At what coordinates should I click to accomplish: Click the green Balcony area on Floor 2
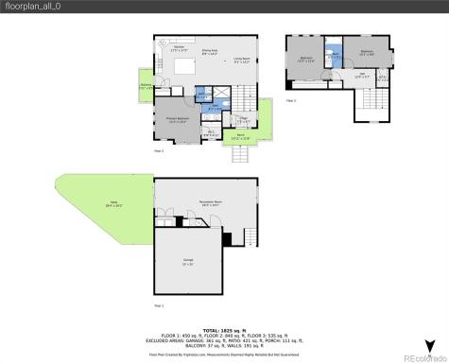click(x=146, y=87)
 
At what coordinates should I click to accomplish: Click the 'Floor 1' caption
click(x=159, y=305)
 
